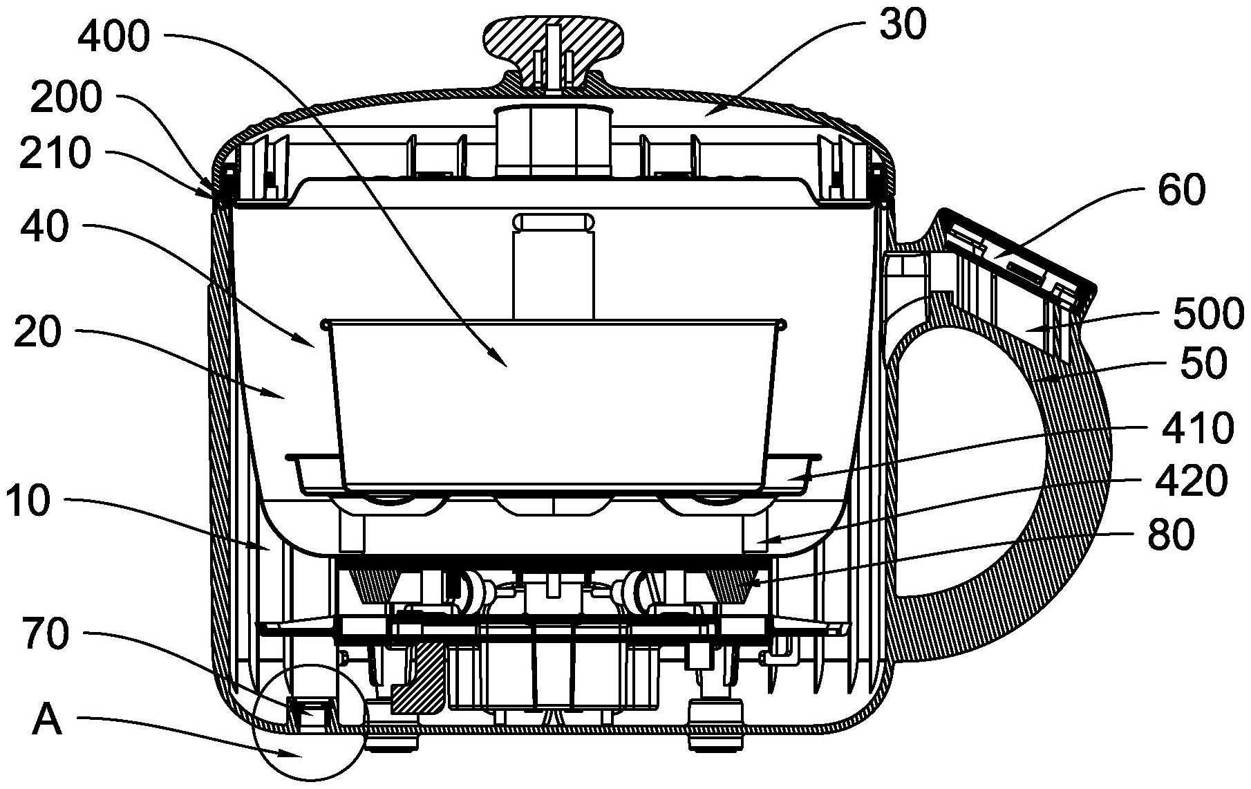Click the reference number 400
113,35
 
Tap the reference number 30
903,26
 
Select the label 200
66,99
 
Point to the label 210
55,152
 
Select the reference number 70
46,633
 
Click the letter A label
48,722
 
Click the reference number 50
1203,363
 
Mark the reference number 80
1170,534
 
